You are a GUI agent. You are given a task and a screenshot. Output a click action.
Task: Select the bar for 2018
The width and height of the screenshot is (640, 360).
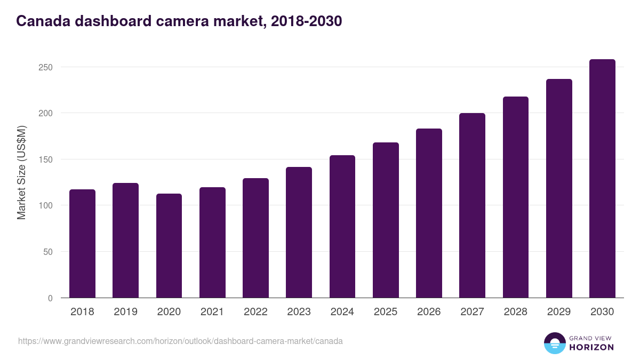(82, 244)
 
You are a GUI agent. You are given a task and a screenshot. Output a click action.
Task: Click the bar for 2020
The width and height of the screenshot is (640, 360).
(169, 246)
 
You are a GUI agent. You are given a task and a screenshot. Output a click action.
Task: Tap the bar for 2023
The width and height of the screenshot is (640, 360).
(299, 233)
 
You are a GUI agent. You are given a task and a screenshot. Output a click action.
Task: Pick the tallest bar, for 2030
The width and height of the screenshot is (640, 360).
(602, 179)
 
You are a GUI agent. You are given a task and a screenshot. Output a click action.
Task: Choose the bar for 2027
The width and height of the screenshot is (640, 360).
(472, 205)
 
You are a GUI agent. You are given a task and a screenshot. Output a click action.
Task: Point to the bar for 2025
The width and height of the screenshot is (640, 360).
(386, 220)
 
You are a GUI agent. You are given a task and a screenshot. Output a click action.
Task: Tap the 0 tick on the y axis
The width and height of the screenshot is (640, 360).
(50, 298)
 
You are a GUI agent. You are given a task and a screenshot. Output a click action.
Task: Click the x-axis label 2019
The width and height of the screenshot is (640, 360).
(125, 312)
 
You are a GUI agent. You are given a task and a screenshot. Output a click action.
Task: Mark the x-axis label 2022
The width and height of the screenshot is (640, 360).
(255, 312)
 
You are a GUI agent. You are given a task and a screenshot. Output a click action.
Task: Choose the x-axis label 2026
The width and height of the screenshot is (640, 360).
(429, 312)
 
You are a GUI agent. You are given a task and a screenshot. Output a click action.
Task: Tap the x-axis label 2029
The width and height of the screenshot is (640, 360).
(559, 312)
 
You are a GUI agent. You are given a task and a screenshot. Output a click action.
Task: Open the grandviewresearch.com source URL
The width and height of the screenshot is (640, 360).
(180, 341)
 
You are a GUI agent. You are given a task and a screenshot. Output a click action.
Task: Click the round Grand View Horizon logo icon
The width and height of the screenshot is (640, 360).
(554, 343)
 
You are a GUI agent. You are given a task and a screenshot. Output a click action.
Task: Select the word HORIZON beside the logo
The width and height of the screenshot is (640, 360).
(591, 347)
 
